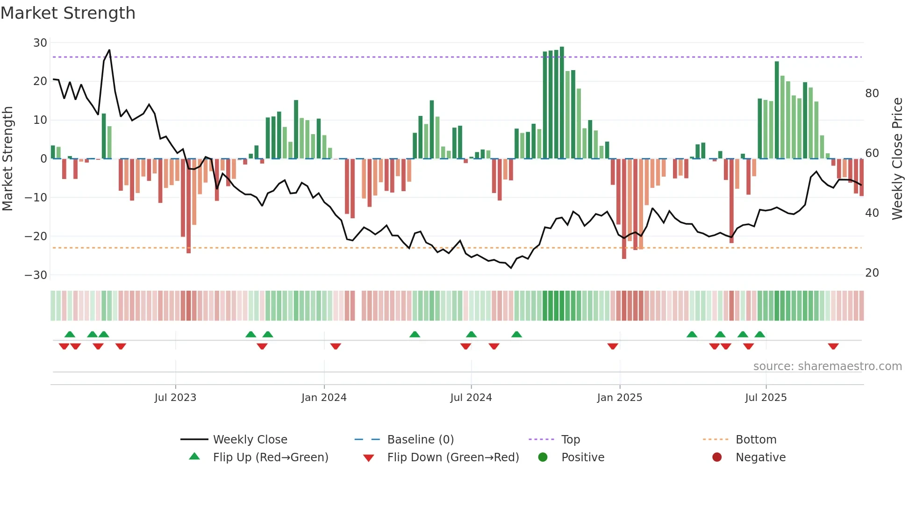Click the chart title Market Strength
click(x=68, y=13)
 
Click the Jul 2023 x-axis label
click(x=175, y=398)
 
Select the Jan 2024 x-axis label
click(x=324, y=398)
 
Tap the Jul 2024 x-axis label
click(x=471, y=398)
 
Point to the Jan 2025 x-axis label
click(x=620, y=398)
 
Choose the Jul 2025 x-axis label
click(x=766, y=398)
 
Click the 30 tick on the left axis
click(x=40, y=43)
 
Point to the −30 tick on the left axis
click(x=36, y=275)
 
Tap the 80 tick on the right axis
click(x=872, y=93)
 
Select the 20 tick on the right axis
click(x=872, y=273)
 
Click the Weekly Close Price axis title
click(x=897, y=159)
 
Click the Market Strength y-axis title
click(x=7, y=159)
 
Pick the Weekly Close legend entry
click(x=250, y=440)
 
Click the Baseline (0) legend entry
click(x=420, y=440)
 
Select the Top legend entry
click(x=570, y=440)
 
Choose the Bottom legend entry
click(x=756, y=440)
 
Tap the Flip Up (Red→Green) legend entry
click(x=270, y=458)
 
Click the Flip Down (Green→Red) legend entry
click(x=453, y=458)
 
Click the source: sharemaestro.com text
click(x=827, y=366)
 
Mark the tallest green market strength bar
click(x=562, y=103)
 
